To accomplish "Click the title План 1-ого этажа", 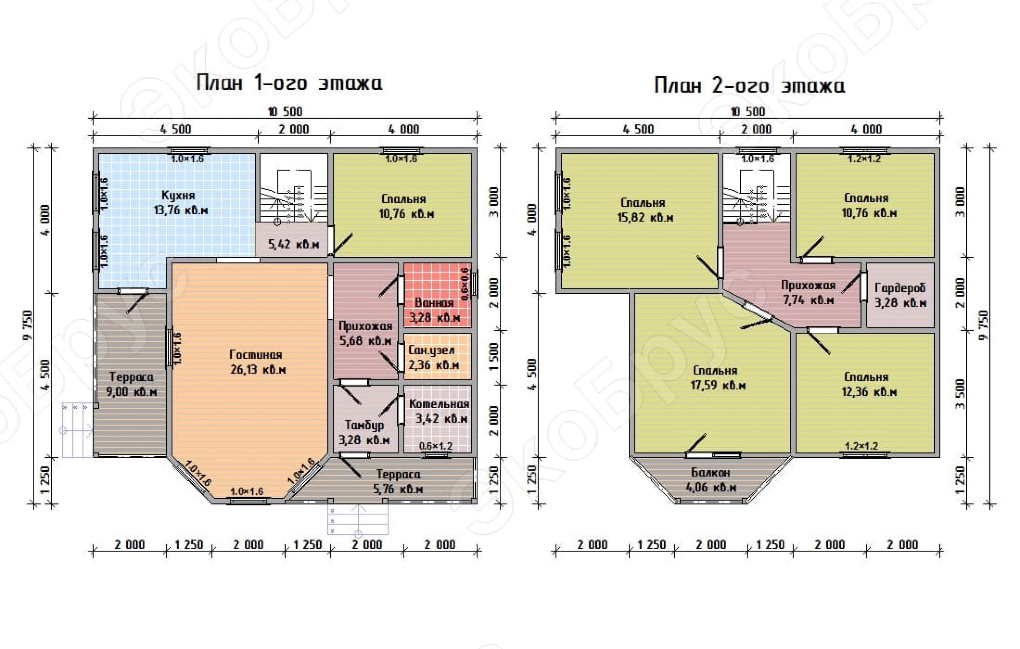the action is coord(289,83).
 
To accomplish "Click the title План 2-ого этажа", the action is coord(749,86).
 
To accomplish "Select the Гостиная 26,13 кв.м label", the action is coord(257,362).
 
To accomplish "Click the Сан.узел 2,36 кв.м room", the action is coord(438,356).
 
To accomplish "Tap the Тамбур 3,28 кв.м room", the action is coord(365,420).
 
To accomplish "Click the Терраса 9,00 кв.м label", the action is coord(131,384).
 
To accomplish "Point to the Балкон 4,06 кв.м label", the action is coord(711,480).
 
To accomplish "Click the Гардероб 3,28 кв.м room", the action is coord(900,295).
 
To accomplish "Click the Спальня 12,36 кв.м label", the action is coord(869,384).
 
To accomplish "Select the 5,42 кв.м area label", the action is coord(293,244).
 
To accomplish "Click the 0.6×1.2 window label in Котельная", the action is coord(436,446).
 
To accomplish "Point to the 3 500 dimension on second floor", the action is coord(961,394).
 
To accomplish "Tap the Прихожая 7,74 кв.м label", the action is coord(808,293).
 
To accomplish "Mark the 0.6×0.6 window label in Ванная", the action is coord(465,284).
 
